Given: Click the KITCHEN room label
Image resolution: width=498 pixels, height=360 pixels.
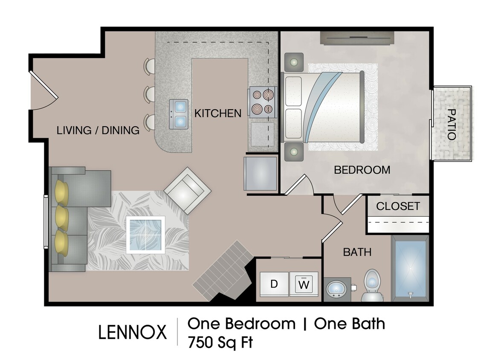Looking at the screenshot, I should (x=218, y=113).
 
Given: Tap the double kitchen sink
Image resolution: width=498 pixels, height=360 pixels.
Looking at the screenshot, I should (x=179, y=114).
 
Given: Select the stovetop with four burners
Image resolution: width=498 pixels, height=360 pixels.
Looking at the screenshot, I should (x=262, y=101).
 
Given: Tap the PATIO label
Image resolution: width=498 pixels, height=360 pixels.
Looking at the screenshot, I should (x=451, y=124).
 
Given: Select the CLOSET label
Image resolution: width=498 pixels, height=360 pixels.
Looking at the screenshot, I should (x=398, y=206).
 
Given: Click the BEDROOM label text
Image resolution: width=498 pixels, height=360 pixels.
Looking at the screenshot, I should (x=362, y=170).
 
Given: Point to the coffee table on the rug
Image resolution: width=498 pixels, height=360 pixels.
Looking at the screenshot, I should (x=145, y=235).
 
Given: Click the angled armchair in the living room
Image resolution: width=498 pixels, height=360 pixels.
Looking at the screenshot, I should (x=187, y=190).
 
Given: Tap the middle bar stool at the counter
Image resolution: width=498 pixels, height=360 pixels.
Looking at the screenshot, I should (x=149, y=94).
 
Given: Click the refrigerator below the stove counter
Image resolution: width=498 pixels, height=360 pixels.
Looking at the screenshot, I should (x=261, y=174).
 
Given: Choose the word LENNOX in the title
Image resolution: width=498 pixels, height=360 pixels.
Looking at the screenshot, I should (x=133, y=332).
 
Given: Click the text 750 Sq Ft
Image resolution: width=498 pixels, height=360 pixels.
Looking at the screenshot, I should (x=220, y=342).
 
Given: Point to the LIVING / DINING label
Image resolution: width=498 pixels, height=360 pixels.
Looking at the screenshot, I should (x=98, y=131).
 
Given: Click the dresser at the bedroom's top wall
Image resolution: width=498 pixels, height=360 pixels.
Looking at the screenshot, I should (x=357, y=39).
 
